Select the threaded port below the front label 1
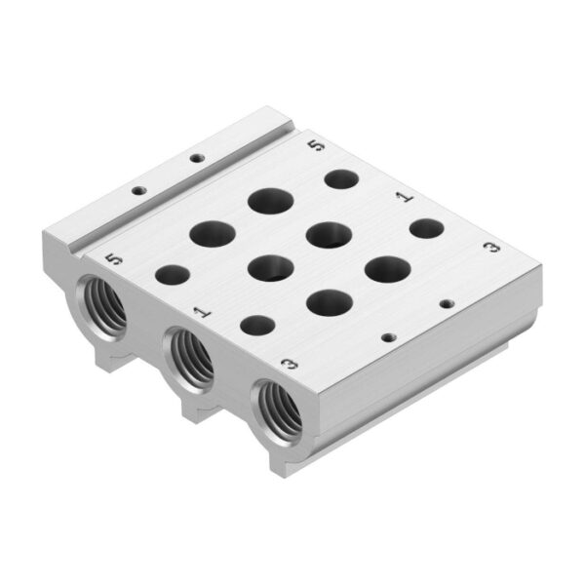(x=189, y=358)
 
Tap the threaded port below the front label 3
(x=278, y=409)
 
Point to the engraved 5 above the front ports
(x=118, y=260)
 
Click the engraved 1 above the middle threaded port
(x=202, y=312)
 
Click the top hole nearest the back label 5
(x=340, y=179)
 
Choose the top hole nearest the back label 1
(x=425, y=229)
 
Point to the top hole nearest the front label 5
(x=172, y=276)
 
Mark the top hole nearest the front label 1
(x=256, y=326)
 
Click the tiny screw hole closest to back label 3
(x=446, y=303)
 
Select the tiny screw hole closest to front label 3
(x=387, y=336)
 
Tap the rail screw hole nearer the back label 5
(x=197, y=157)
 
